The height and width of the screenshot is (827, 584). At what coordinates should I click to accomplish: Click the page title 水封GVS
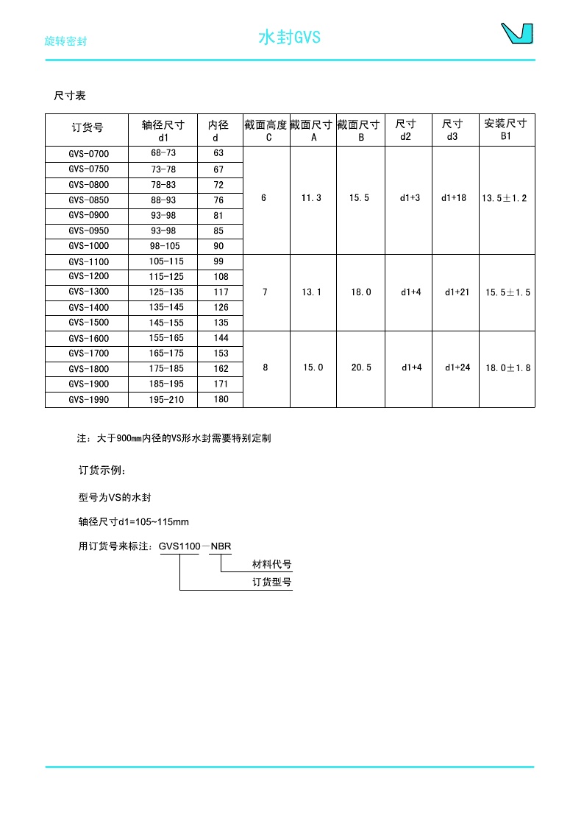pos(289,38)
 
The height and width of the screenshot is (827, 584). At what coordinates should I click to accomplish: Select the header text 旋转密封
pos(65,41)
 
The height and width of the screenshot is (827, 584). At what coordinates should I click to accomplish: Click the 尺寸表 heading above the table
pos(70,96)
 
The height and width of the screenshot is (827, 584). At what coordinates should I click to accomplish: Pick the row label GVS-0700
pos(88,154)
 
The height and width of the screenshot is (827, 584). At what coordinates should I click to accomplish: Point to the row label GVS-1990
pos(88,399)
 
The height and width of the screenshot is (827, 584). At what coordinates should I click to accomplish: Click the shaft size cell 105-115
pos(163,261)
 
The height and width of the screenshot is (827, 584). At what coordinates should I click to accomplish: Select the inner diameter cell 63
pos(218,154)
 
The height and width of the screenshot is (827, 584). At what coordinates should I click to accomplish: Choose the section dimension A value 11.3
pos(312,198)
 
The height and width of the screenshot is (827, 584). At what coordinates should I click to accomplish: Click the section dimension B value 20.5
pos(360,367)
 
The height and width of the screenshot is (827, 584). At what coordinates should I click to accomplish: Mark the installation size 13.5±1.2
pos(505,198)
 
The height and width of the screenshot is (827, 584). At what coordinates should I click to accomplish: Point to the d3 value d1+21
pos(457,292)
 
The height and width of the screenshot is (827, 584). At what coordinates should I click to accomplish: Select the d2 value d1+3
pos(410,198)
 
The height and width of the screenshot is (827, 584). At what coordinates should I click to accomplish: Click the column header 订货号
pos(88,128)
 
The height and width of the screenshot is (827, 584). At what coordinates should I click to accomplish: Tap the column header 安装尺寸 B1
pos(505,129)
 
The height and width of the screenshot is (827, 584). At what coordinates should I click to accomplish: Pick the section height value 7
pos(266,292)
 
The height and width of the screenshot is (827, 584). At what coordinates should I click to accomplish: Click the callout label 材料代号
pos(272,565)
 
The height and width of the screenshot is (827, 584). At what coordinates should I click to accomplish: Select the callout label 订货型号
pos(272,583)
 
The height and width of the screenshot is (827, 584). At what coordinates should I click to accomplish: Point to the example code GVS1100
pos(180,546)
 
